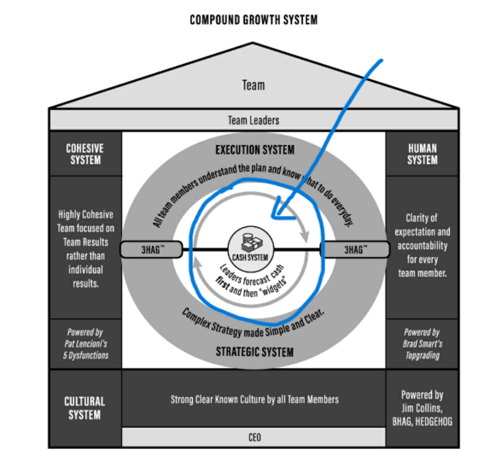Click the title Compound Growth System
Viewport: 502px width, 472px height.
pyautogui.click(x=252, y=19)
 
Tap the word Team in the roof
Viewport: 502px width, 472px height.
pyautogui.click(x=254, y=84)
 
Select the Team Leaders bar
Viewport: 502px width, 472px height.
pyautogui.click(x=253, y=120)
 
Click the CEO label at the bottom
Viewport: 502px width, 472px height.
pyautogui.click(x=253, y=438)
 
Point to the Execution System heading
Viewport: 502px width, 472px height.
pyautogui.click(x=253, y=149)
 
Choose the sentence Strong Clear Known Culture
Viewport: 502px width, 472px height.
pyautogui.click(x=253, y=399)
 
